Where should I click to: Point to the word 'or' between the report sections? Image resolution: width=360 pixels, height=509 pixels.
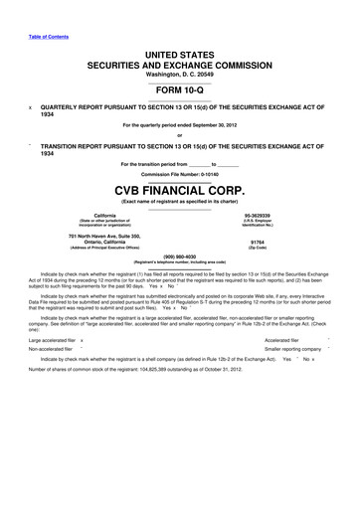(x=180, y=136)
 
